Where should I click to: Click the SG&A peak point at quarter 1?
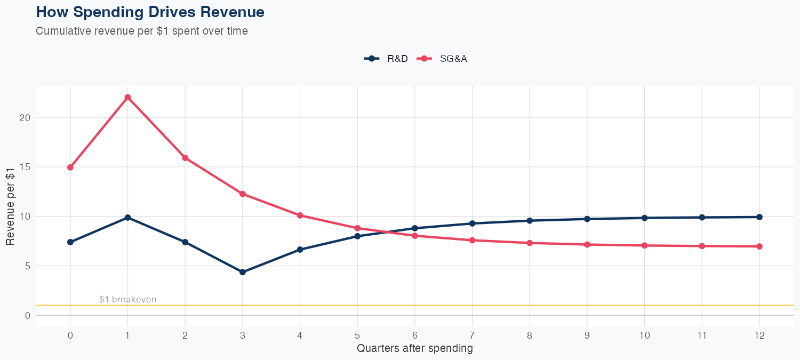[127, 98]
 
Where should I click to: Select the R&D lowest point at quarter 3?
[243, 272]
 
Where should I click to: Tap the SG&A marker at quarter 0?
[70, 167]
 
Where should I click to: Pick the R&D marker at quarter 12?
[759, 217]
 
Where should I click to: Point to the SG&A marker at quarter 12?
[759, 246]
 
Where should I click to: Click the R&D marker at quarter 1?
[127, 218]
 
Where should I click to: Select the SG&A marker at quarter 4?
[300, 215]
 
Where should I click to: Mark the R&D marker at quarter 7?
[472, 223]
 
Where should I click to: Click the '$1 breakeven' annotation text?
[128, 299]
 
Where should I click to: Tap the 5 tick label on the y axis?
[27, 266]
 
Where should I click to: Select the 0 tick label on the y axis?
[27, 316]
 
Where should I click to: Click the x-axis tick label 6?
[414, 335]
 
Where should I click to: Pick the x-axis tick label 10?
[644, 335]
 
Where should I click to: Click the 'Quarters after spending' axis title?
[414, 349]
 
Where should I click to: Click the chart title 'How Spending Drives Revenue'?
[150, 12]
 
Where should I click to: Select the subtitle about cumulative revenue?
[142, 31]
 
